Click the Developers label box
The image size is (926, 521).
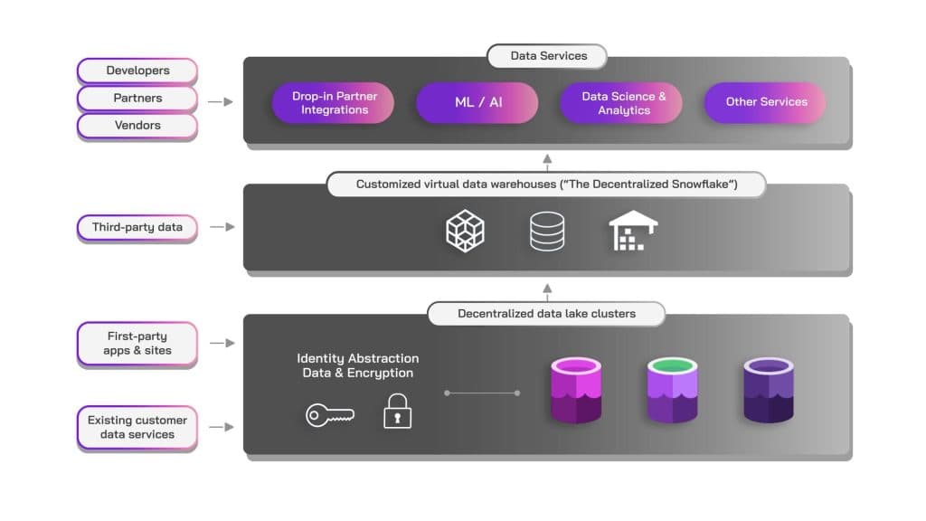[137, 71]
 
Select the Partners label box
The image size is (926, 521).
[137, 98]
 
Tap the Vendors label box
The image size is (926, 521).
[137, 125]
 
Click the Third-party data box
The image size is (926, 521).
[137, 227]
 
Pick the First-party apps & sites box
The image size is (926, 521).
[137, 344]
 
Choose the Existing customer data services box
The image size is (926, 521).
[137, 427]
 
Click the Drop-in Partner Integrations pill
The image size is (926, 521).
[335, 103]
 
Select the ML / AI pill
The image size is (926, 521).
[478, 102]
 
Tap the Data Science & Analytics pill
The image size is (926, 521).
[623, 103]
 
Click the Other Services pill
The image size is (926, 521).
[766, 102]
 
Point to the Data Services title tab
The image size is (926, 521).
[548, 56]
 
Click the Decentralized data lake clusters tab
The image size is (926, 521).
[546, 314]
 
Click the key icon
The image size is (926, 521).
[329, 415]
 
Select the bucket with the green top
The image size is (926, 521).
[673, 390]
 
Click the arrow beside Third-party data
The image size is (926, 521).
[222, 227]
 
